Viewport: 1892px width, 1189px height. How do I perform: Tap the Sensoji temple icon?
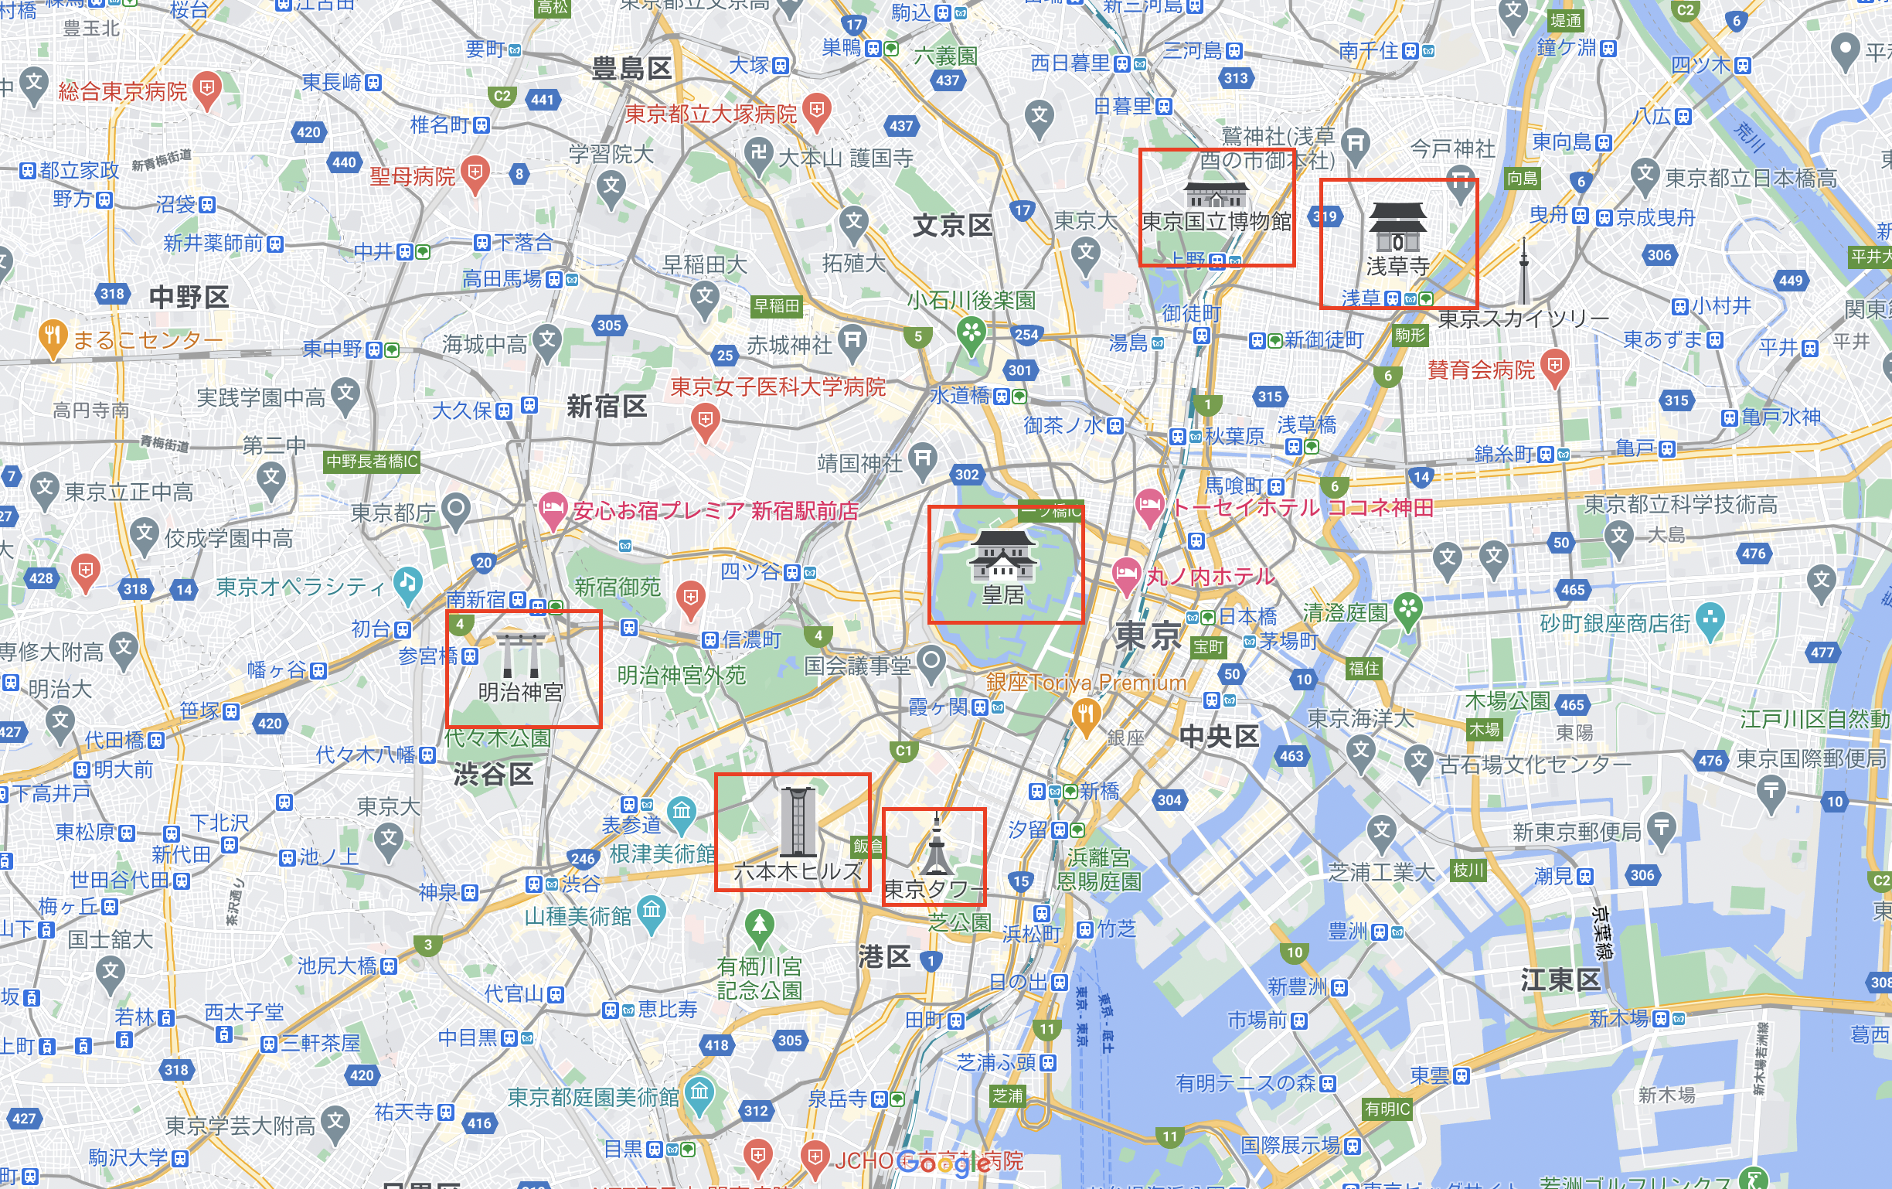point(1397,227)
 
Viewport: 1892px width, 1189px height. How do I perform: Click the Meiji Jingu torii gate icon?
point(521,656)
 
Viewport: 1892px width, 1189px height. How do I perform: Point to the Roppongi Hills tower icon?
point(797,821)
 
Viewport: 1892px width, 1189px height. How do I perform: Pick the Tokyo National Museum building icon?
point(1215,194)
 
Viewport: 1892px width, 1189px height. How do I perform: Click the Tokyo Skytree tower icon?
point(1523,271)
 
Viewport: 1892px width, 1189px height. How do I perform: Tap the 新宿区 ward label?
point(607,407)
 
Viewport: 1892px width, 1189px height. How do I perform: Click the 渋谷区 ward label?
point(493,775)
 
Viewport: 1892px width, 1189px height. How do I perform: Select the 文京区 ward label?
point(952,226)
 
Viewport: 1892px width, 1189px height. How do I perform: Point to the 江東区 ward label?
point(1560,979)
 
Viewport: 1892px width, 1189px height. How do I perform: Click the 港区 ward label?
point(884,956)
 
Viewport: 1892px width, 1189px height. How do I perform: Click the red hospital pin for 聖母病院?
point(475,174)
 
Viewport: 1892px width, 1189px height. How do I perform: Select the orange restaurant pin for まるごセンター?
point(52,338)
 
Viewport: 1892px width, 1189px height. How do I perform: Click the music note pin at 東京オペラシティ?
point(407,584)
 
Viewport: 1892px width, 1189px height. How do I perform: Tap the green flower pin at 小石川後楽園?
point(972,332)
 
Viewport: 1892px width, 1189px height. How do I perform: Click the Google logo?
point(943,1161)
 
